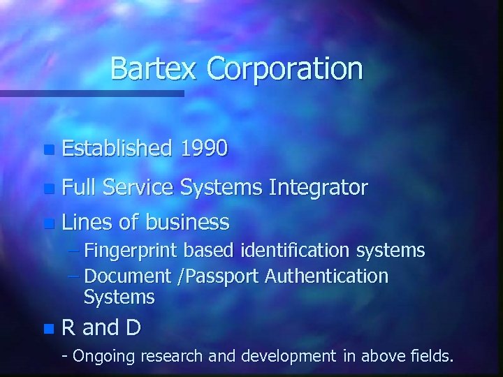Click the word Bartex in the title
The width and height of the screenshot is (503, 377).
click(x=155, y=69)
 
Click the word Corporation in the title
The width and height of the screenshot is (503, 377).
click(x=285, y=69)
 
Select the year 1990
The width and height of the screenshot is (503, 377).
click(x=203, y=148)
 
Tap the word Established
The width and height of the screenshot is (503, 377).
click(x=117, y=148)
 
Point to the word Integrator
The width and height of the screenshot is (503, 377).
click(x=318, y=187)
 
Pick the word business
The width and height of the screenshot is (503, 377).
click(x=187, y=222)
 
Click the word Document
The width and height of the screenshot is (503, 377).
click(x=129, y=276)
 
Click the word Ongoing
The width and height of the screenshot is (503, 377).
click(x=104, y=356)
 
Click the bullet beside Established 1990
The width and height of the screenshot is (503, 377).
click(x=48, y=149)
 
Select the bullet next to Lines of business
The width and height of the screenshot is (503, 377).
click(x=48, y=224)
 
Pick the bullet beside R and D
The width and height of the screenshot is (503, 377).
click(x=48, y=327)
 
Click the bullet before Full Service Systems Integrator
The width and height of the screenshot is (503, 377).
click(x=48, y=188)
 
